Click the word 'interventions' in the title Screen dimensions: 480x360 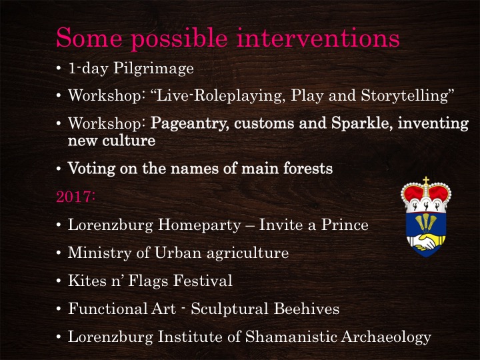(x=318, y=37)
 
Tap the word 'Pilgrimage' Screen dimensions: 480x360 (x=153, y=69)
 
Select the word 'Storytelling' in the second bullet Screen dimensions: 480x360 (x=404, y=96)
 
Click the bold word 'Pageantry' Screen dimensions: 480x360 (x=189, y=124)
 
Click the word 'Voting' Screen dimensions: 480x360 (x=91, y=169)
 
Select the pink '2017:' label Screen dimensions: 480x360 (x=75, y=196)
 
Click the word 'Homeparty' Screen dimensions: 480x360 (x=199, y=225)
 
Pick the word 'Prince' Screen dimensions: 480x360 (x=345, y=225)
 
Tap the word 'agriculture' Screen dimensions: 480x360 (x=247, y=253)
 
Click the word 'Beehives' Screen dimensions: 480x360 (x=307, y=309)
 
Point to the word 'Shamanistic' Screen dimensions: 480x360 (x=291, y=337)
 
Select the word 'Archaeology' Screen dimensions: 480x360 (x=386, y=337)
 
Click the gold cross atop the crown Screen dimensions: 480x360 (x=426, y=180)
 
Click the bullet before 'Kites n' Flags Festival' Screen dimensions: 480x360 (x=59, y=281)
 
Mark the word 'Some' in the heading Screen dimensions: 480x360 (x=89, y=37)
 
